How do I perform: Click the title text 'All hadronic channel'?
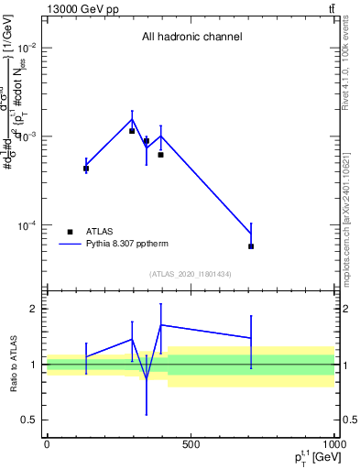191,38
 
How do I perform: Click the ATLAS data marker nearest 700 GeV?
251,246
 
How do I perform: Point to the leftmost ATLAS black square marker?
86,169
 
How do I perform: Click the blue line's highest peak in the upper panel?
132,119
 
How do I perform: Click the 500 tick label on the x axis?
191,445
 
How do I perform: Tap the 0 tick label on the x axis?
47,445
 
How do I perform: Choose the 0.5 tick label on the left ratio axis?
31,420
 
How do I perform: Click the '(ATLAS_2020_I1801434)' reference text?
191,274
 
